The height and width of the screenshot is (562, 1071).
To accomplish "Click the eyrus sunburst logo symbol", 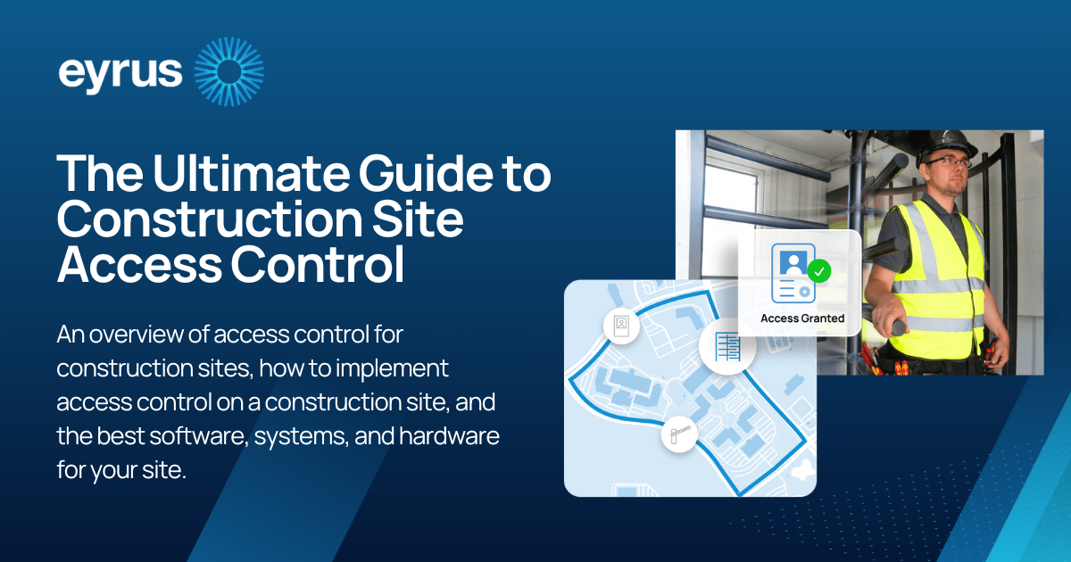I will tap(228, 72).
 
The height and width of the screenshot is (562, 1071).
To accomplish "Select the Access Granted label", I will tap(801, 318).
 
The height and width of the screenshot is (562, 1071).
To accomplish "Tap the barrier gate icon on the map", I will tap(678, 435).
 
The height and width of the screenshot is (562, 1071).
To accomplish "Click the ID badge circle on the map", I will tap(621, 326).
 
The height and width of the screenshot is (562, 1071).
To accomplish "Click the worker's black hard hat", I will tap(947, 143).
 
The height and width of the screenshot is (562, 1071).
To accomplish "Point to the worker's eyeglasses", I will tap(943, 162).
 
